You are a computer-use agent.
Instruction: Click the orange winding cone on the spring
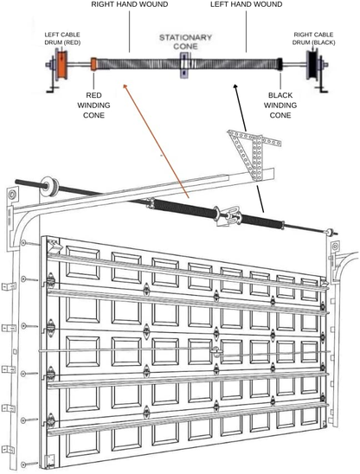[x=93, y=64]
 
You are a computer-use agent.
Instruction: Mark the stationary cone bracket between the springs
[x=183, y=65]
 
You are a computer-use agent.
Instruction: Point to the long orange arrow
[x=156, y=138]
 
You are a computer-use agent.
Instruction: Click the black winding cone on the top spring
[x=279, y=64]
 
